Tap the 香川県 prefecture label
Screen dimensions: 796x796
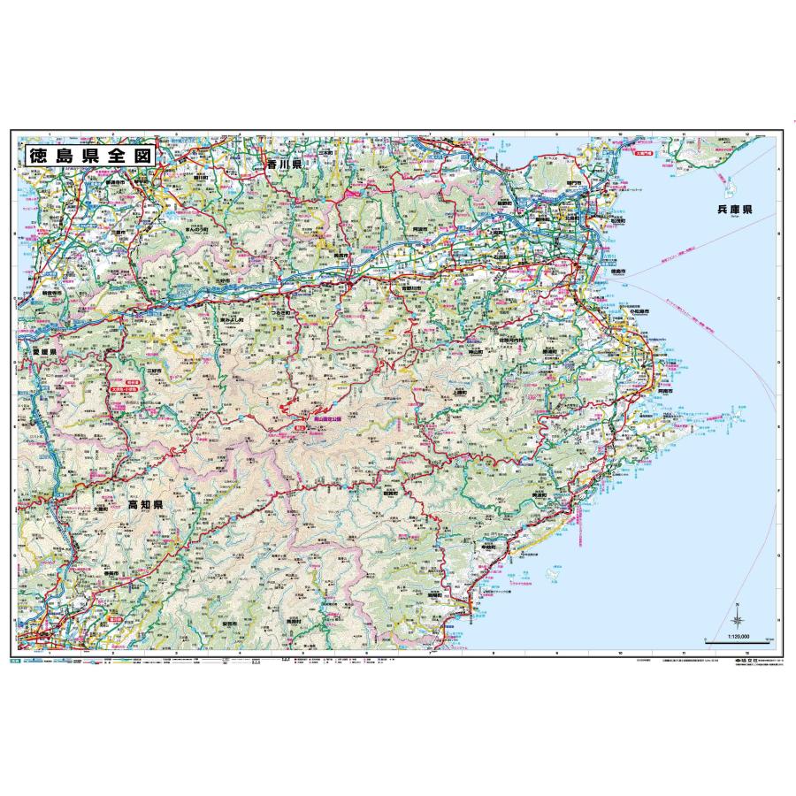[286, 165]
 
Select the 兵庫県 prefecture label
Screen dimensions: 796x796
[734, 210]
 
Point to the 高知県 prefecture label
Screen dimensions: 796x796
[143, 505]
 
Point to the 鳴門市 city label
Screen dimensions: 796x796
[573, 182]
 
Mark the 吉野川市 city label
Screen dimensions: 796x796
[412, 287]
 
